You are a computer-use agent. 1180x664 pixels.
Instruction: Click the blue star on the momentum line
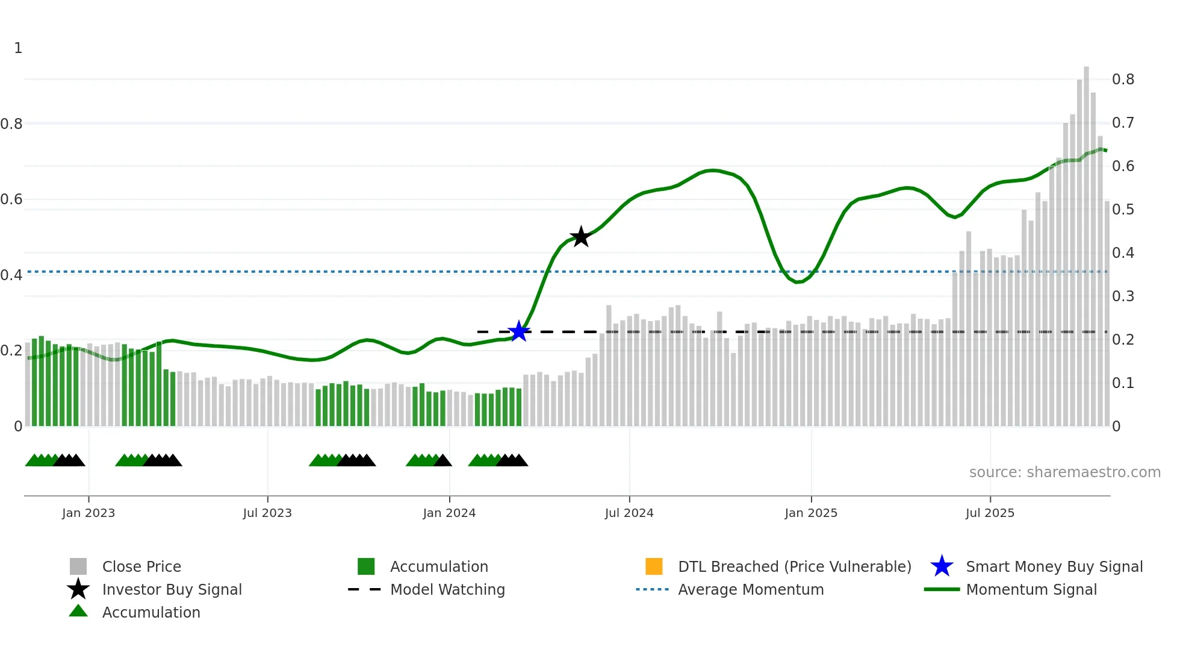[x=518, y=331]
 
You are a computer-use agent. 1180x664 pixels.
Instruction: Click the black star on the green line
[x=580, y=237]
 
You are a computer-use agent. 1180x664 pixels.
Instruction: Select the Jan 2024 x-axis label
[x=449, y=513]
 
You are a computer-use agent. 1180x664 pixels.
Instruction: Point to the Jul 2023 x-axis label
[x=267, y=513]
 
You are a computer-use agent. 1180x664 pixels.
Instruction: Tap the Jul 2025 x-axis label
[x=990, y=513]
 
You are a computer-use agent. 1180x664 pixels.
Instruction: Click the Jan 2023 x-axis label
[x=88, y=513]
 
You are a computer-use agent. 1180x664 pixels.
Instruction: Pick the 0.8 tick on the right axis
[x=1123, y=80]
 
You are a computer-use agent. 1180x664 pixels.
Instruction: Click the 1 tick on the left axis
[x=18, y=48]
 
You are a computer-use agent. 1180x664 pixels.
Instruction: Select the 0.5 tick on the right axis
[x=1123, y=210]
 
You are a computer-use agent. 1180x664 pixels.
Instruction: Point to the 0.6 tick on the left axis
[x=11, y=199]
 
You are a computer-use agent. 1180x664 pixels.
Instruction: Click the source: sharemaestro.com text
[x=1064, y=472]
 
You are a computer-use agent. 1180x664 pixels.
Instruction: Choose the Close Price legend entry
[x=141, y=567]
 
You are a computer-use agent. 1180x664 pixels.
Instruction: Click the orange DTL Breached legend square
[x=654, y=566]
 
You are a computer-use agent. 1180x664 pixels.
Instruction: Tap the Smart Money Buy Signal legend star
[x=942, y=566]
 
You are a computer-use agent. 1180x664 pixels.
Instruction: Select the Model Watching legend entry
[x=447, y=590]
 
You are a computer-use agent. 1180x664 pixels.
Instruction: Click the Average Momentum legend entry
[x=751, y=590]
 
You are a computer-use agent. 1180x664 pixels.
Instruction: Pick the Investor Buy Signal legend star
[x=78, y=589]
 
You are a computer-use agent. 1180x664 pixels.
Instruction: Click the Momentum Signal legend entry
[x=1031, y=590]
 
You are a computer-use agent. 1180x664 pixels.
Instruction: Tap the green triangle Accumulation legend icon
[x=78, y=611]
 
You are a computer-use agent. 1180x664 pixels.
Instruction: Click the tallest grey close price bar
[x=1086, y=241]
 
